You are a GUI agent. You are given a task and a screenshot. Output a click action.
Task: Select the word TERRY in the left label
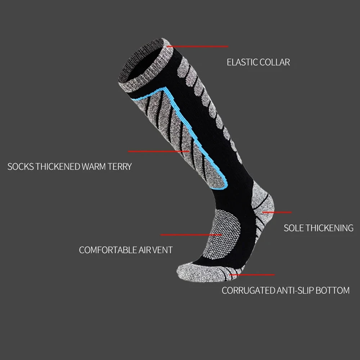(x=119, y=167)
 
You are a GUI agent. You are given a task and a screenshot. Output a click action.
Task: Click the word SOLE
(x=294, y=228)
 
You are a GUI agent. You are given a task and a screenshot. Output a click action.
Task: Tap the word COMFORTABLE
(x=108, y=250)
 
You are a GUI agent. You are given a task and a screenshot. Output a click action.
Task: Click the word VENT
(x=163, y=250)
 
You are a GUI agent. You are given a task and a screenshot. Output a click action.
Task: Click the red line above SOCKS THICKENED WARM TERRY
(x=158, y=151)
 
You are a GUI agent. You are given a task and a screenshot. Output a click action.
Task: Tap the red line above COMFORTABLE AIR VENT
(x=191, y=235)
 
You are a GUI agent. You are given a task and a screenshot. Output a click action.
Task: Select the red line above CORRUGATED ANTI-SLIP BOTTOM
(x=252, y=275)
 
